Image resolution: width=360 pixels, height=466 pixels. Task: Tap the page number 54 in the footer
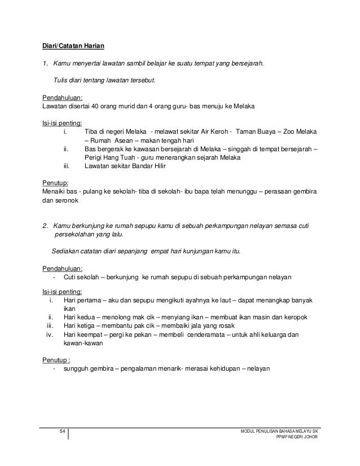pos(63,432)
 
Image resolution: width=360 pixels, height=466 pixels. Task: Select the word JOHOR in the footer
pos(309,438)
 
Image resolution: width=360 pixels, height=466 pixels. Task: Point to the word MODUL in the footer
pos(248,432)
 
